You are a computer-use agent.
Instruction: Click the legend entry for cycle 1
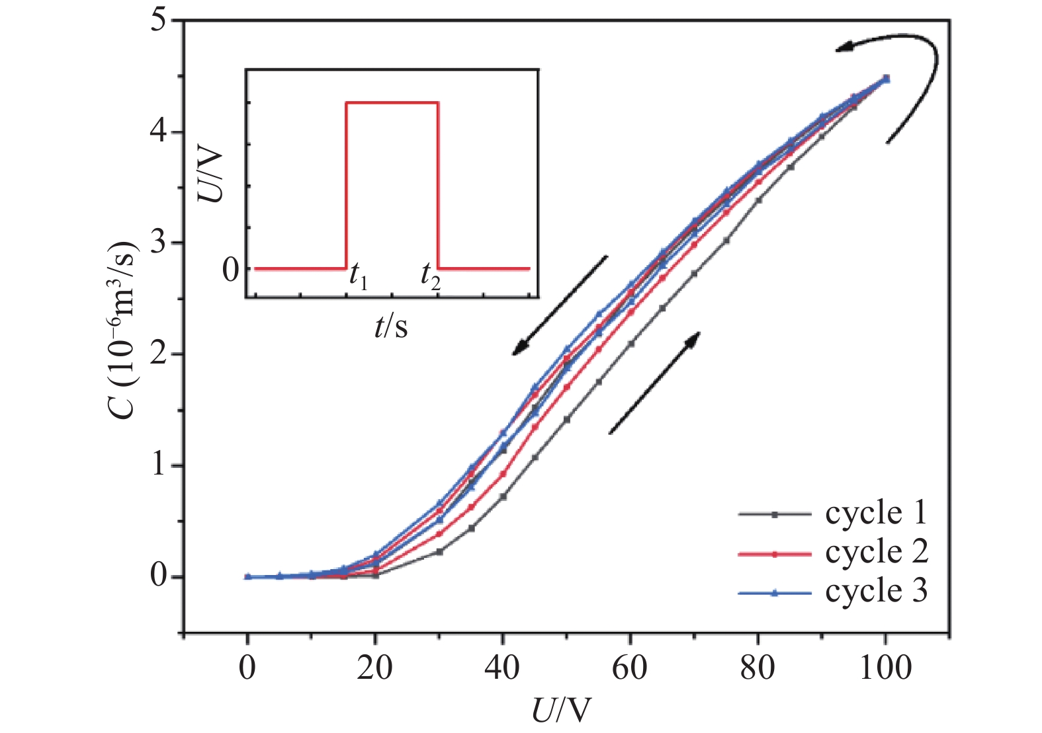pos(875,514)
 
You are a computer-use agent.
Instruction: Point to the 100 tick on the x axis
pos(885,668)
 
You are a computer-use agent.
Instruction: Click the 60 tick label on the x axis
pos(629,668)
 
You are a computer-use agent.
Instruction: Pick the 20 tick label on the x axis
pos(374,668)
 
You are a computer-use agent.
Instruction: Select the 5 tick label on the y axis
pos(158,20)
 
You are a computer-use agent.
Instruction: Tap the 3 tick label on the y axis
pos(158,243)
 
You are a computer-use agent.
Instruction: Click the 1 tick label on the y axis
pos(158,465)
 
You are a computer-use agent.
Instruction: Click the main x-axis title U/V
pos(560,711)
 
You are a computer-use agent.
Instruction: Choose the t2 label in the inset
pos(431,276)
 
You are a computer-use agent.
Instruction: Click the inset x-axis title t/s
pos(391,326)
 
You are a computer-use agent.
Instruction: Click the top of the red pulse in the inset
pos(392,102)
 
